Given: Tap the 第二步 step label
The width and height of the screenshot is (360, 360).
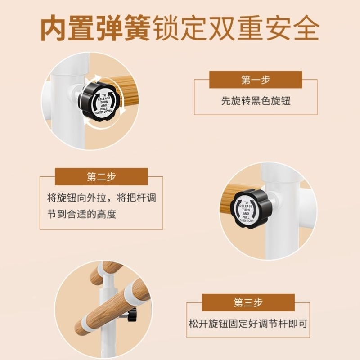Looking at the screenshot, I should [x=101, y=176].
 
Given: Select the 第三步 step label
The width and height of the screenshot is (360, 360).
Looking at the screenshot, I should [x=248, y=302].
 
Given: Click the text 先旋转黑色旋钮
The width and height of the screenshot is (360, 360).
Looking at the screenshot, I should [x=256, y=101].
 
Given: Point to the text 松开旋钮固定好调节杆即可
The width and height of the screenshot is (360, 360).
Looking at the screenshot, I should [x=248, y=323].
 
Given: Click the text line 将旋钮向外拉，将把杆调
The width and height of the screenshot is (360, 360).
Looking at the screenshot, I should [x=101, y=198].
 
